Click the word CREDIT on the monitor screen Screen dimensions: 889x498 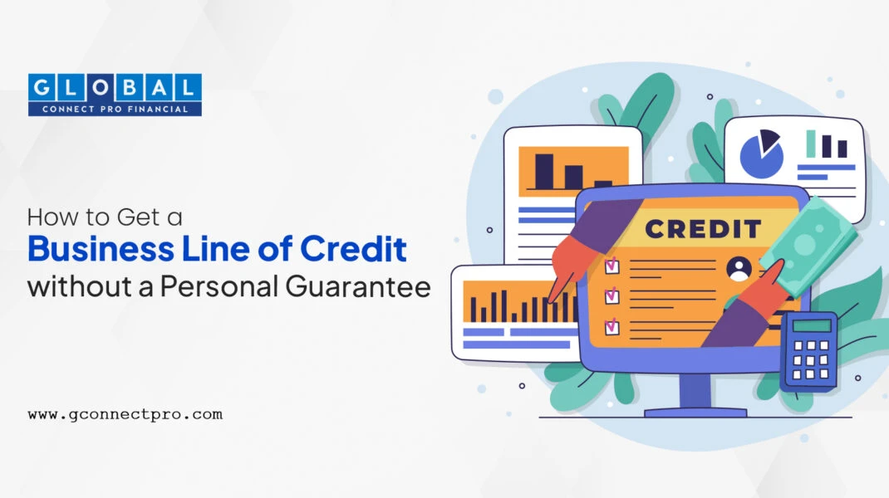pos(703,229)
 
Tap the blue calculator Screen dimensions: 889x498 pos(809,351)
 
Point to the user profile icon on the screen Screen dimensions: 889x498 pos(739,269)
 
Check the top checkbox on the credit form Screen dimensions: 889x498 pos(611,265)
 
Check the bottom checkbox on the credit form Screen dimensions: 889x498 pos(611,326)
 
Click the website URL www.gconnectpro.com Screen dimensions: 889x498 pos(125,415)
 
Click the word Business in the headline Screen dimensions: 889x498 pos(101,249)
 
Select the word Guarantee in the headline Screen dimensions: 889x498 pos(358,286)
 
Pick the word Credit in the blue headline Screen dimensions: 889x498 pos(352,249)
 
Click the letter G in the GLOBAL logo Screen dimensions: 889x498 pos(42,88)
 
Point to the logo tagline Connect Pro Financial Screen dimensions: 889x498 pos(115,109)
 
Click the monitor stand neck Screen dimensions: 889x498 pos(695,390)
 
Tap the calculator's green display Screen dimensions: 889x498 pos(812,325)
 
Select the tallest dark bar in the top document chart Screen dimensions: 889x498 pos(544,171)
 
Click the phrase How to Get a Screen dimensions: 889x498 pos(105,217)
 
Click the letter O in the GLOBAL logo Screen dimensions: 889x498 pos(101,88)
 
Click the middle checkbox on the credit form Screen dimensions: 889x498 pos(611,295)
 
